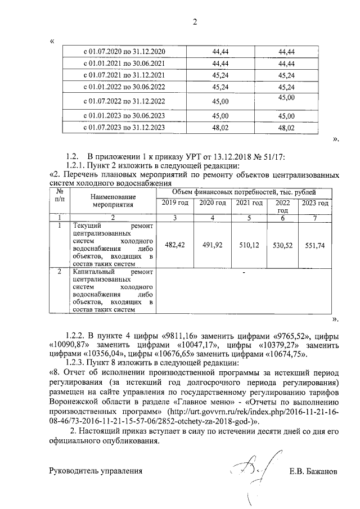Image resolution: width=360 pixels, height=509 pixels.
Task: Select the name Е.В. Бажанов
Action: coord(313,471)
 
